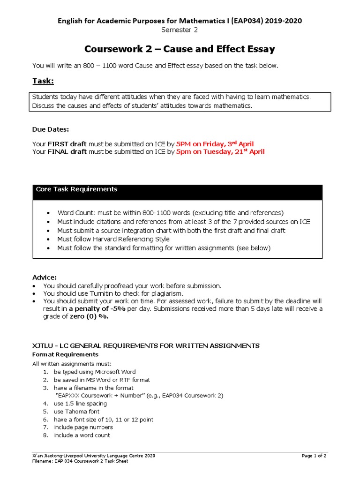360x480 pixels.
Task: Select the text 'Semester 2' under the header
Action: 180,30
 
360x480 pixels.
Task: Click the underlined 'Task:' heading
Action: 43,82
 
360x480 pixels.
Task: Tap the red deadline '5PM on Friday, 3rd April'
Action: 215,144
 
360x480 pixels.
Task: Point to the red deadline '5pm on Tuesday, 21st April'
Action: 220,151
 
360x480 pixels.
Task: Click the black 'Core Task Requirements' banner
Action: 177,190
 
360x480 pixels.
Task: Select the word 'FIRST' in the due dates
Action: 59,144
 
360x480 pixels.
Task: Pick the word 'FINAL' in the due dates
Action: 59,152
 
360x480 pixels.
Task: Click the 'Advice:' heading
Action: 45,277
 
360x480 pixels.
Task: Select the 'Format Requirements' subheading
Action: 65,354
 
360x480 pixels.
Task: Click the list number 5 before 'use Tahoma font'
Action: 45,412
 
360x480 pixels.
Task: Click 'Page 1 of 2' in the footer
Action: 315,456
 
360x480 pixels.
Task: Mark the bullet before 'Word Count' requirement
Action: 48,213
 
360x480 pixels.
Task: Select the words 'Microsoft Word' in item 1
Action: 114,372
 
